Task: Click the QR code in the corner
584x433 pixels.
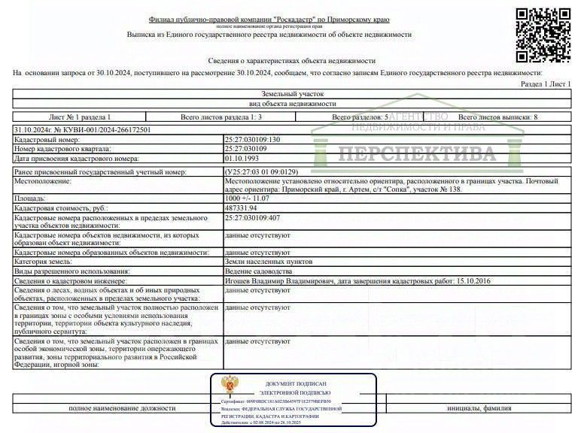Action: coord(543,35)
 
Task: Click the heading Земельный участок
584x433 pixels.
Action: coord(292,92)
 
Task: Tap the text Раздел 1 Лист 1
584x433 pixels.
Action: coord(546,83)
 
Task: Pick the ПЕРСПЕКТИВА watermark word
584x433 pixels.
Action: coord(416,155)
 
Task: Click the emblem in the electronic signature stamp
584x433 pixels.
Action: coord(227,386)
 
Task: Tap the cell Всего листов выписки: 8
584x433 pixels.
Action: coord(498,117)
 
